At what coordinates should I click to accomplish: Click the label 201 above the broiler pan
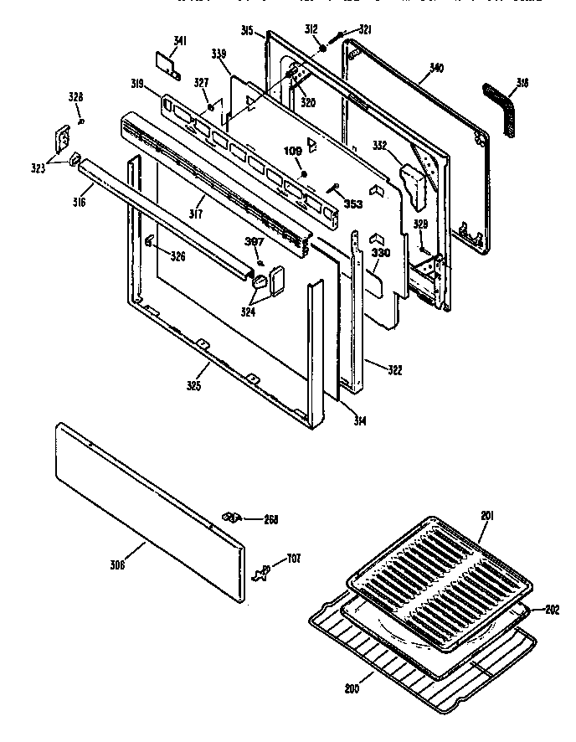click(x=487, y=516)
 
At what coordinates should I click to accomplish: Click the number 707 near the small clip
click(x=294, y=559)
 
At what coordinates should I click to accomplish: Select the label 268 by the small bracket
click(x=270, y=518)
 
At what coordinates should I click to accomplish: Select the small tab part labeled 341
click(x=167, y=61)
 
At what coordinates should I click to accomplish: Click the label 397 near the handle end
click(x=254, y=243)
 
